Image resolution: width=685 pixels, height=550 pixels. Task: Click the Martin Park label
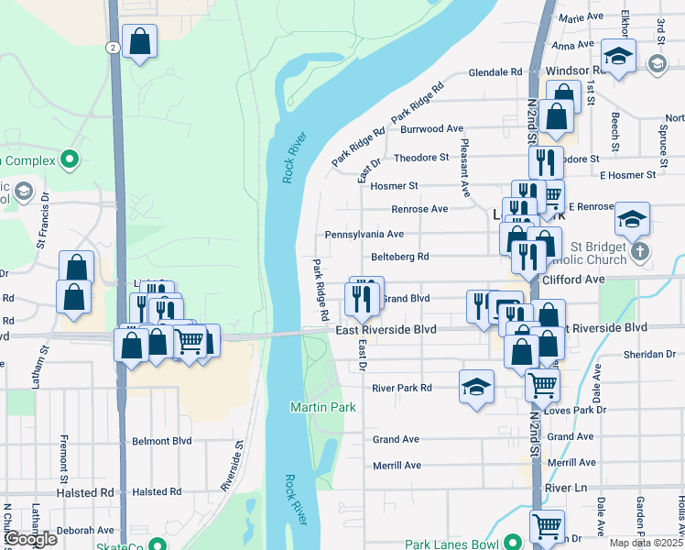[x=315, y=406]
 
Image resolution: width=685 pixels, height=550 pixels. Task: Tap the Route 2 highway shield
[x=111, y=46]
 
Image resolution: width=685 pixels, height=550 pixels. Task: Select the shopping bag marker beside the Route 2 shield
[x=139, y=42]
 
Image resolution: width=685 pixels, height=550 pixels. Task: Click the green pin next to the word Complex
[x=70, y=160]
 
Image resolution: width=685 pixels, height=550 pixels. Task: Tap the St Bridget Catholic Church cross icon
[x=639, y=250]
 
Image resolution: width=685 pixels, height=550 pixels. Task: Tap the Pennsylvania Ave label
[x=364, y=235]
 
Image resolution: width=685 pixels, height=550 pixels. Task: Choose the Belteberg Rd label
[x=400, y=258]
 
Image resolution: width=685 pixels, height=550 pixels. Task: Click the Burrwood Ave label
[x=432, y=129]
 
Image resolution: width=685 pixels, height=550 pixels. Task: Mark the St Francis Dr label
[x=40, y=227]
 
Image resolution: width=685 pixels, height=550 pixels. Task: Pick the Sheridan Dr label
[x=649, y=354]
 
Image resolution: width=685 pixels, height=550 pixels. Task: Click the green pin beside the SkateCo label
[x=160, y=545]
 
